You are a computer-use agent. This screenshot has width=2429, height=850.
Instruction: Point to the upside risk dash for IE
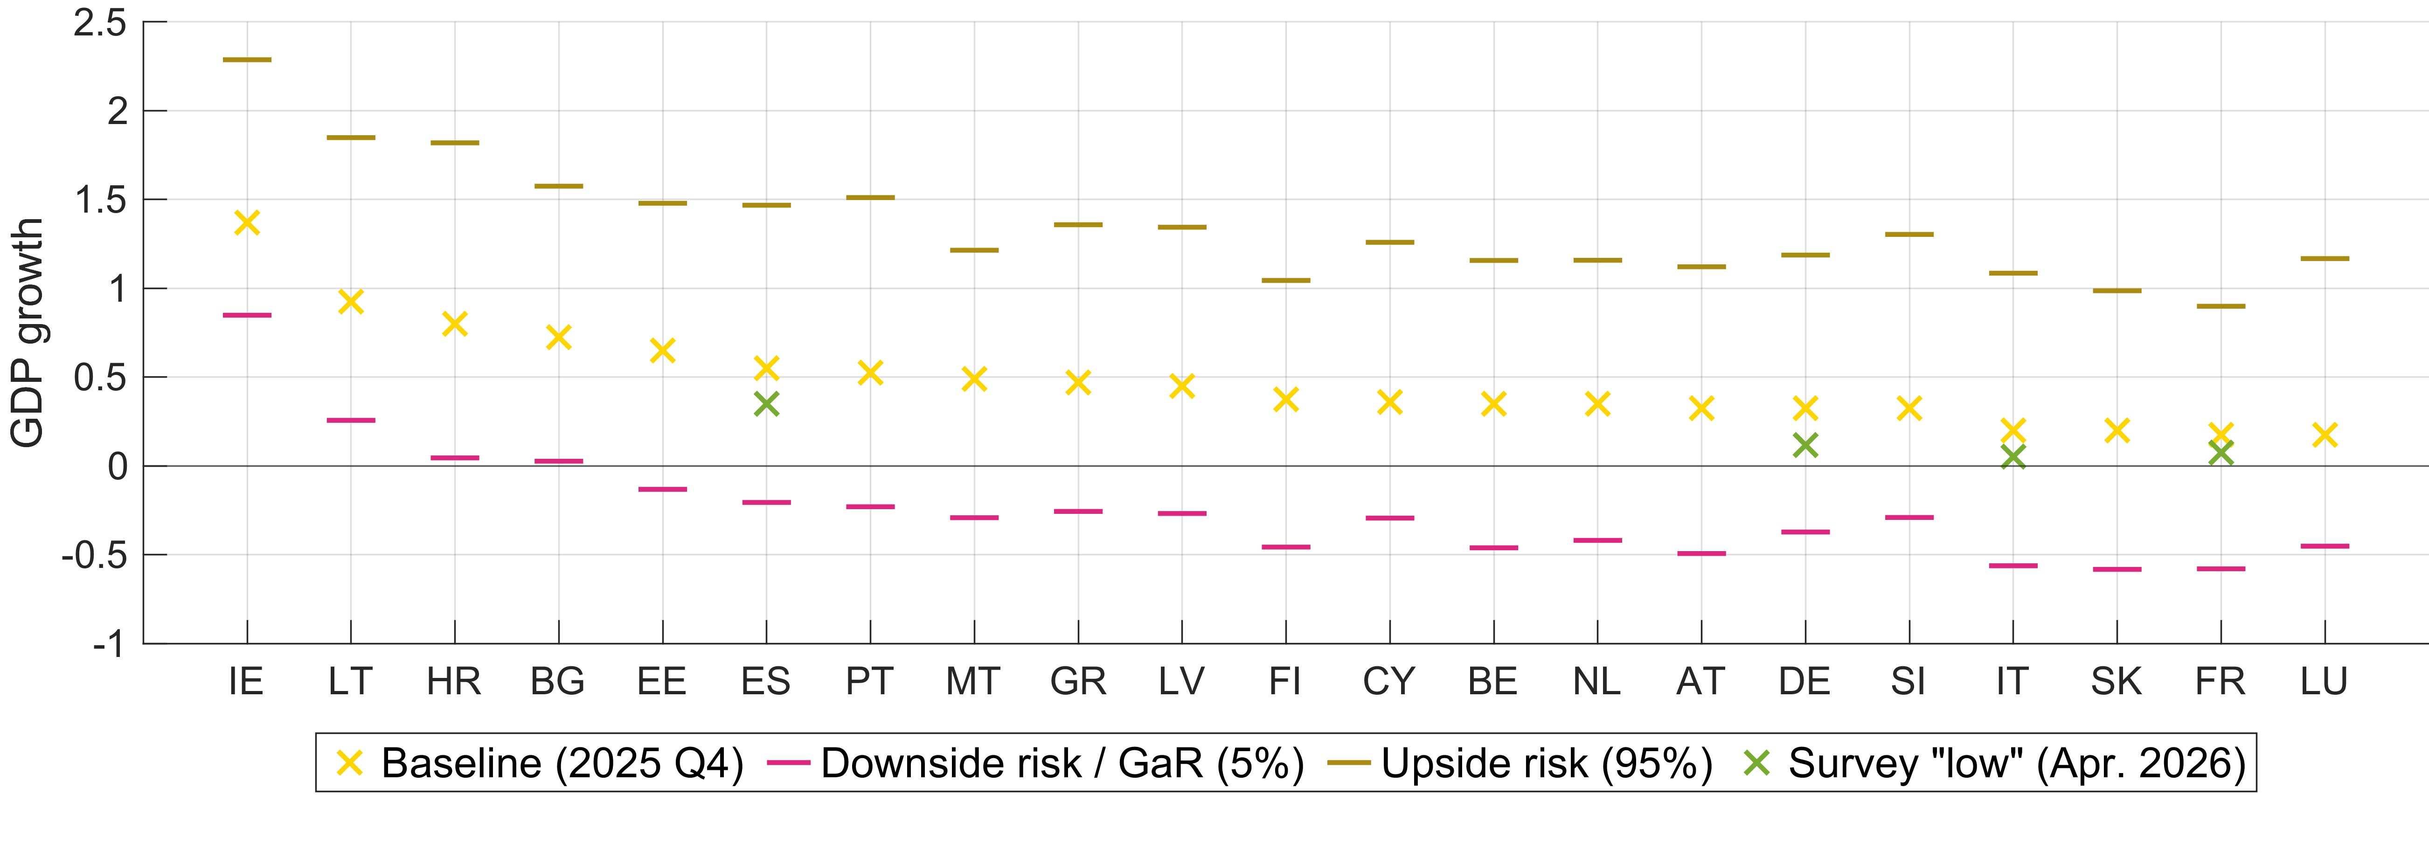click(247, 59)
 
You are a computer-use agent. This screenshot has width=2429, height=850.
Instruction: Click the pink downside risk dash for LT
click(351, 420)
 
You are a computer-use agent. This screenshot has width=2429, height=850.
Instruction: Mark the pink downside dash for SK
click(2117, 569)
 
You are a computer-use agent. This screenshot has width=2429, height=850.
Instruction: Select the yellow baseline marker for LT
click(351, 302)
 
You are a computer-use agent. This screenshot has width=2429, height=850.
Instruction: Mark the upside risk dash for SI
click(1909, 234)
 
